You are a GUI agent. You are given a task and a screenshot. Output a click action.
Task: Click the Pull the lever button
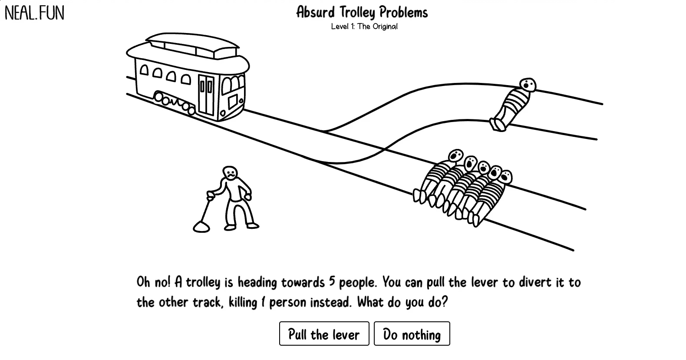tap(324, 334)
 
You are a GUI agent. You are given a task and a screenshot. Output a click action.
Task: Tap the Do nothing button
tap(412, 334)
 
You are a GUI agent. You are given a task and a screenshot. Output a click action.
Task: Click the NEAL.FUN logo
tap(34, 13)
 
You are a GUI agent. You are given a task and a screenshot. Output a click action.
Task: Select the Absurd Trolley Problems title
tap(362, 12)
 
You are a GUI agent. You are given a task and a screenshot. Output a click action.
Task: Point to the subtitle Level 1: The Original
tap(364, 26)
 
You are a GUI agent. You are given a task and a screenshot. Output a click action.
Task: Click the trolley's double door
tap(206, 94)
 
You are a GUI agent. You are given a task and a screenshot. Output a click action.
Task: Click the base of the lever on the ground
tap(201, 227)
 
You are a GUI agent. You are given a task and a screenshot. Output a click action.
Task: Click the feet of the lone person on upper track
tap(498, 124)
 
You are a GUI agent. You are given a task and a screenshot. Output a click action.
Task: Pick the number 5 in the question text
tap(332, 281)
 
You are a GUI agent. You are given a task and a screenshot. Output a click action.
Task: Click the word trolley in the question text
tap(203, 283)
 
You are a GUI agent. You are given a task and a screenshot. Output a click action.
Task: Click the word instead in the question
tap(331, 302)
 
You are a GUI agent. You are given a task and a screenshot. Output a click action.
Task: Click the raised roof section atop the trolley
tap(193, 45)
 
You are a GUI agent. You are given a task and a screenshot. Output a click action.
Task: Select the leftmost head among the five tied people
tap(455, 155)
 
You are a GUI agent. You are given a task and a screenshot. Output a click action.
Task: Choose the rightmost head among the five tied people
tap(505, 177)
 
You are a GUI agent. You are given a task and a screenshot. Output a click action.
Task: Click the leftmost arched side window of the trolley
tap(144, 70)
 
